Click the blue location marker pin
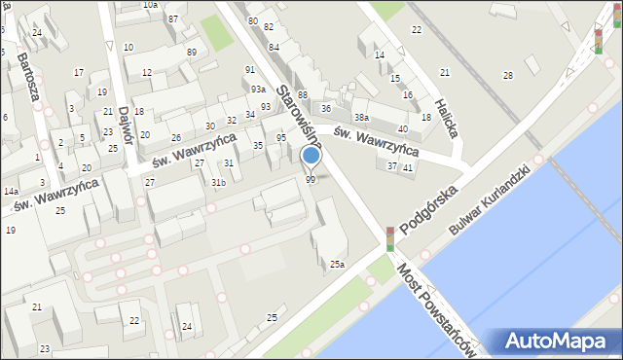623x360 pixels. tap(311, 157)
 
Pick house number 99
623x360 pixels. tap(311, 179)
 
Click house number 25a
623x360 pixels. tap(337, 264)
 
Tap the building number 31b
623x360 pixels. tap(218, 182)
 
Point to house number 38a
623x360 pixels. tap(361, 117)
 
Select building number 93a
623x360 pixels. tap(257, 89)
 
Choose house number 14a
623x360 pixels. tap(10, 192)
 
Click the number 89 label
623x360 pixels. tap(192, 52)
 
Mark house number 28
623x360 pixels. tap(507, 75)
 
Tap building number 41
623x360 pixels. tap(408, 167)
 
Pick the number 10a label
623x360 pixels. tap(150, 5)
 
